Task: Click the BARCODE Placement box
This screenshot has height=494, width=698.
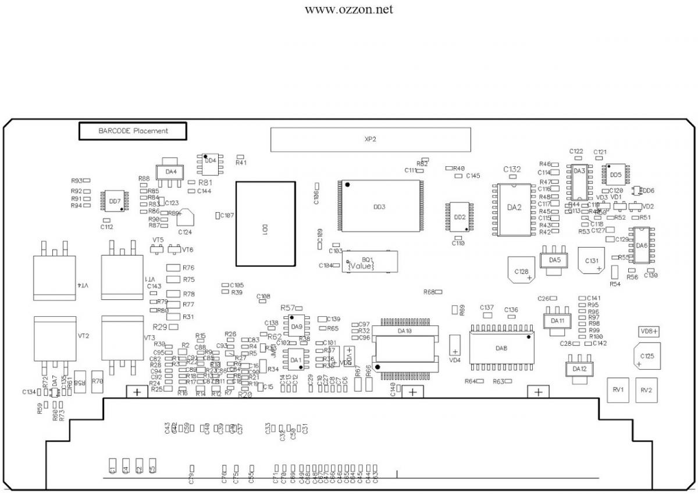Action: (133, 131)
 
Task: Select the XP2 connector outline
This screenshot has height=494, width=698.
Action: (371, 139)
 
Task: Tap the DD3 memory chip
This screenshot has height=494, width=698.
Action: (379, 206)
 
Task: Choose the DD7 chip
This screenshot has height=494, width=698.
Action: (115, 201)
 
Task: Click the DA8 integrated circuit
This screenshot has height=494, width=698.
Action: (501, 348)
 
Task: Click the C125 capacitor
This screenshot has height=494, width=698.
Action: (647, 355)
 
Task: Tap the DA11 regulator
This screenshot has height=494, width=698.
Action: (557, 320)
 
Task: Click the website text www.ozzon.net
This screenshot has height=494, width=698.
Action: (348, 10)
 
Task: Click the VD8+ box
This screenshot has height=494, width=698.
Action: (649, 331)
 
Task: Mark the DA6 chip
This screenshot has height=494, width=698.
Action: (642, 245)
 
